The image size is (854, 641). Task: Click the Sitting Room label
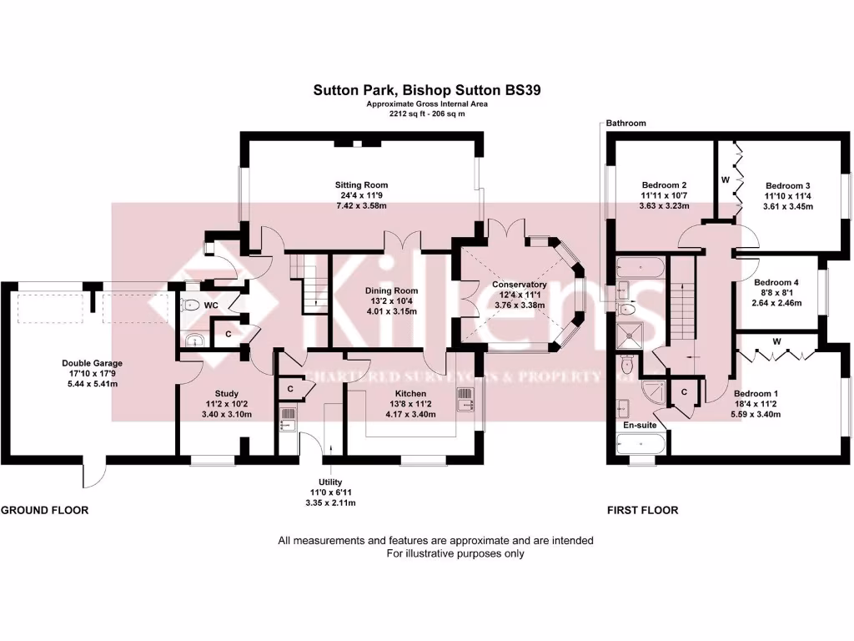coord(361,185)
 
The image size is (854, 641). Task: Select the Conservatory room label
coord(519,285)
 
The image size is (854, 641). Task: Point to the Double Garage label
coord(92,363)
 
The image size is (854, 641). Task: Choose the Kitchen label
coord(410,393)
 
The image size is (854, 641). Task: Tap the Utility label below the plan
coord(330,482)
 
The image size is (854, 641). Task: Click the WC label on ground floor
coord(211,305)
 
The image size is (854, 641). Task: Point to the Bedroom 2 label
coord(664,185)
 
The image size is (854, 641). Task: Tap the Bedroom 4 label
coord(776,283)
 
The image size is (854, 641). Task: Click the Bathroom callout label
coord(625,124)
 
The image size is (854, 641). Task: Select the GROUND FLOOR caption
coord(44,510)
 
